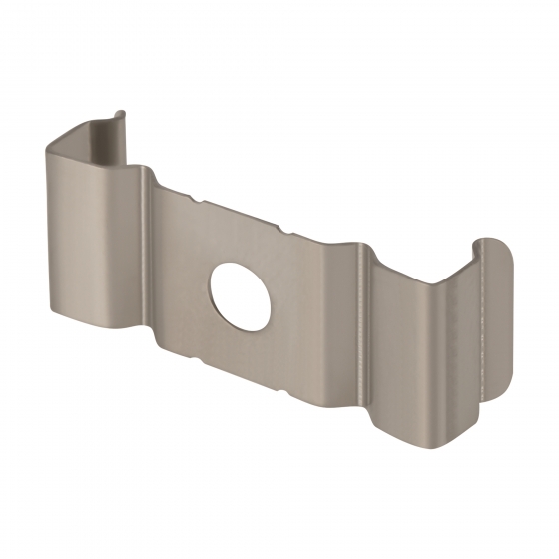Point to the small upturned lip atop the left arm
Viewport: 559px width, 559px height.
tap(120, 118)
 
